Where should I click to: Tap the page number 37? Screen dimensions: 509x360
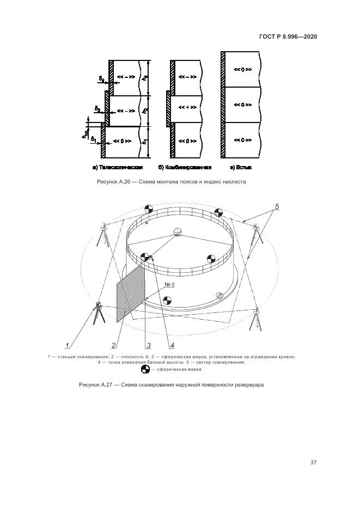pos(314,463)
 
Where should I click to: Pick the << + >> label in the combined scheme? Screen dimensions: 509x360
pos(187,108)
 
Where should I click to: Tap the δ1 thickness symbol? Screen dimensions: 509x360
pos(94,139)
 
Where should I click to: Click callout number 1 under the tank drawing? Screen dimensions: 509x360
pos(68,345)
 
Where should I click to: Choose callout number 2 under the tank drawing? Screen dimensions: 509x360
pos(113,345)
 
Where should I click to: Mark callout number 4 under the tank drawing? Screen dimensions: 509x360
pos(172,345)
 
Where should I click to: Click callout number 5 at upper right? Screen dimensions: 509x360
pos(277,207)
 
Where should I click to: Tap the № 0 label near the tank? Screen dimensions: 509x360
pos(169,285)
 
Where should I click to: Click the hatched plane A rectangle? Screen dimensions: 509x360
pos(131,294)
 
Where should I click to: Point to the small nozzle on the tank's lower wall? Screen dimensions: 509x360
pos(220,295)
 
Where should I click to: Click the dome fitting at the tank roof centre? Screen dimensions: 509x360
pos(178,232)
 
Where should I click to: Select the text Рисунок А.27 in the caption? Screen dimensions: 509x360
pos(98,385)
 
